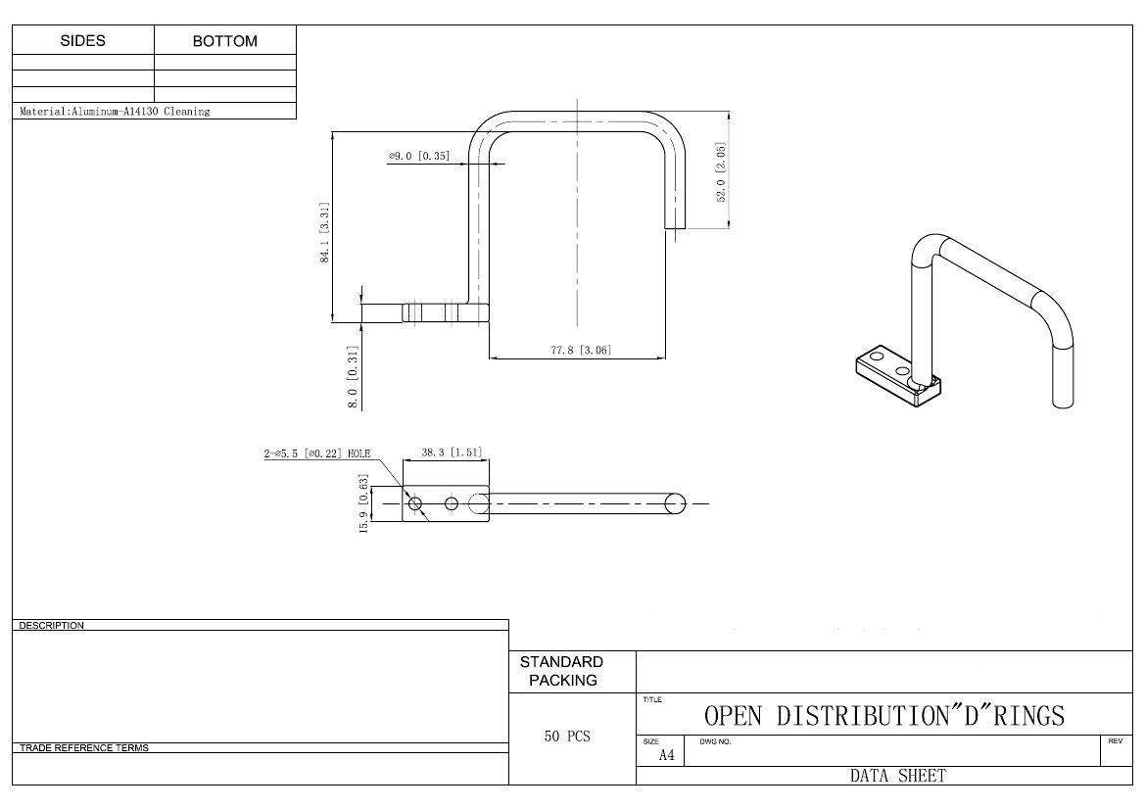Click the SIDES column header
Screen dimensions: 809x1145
tap(83, 40)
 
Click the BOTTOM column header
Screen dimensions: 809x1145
tap(224, 40)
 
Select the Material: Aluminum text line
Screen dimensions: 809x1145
tap(115, 112)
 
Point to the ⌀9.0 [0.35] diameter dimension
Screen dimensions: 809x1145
tap(418, 156)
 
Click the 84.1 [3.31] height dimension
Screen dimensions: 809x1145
tap(324, 232)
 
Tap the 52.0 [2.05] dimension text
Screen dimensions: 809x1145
tap(721, 172)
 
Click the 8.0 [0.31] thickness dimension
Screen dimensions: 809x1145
tap(353, 376)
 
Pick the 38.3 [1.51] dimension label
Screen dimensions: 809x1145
tap(451, 452)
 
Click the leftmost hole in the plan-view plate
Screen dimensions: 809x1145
tap(415, 503)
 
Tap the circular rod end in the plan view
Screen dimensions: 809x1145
tap(674, 503)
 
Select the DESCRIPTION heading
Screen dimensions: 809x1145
tap(52, 625)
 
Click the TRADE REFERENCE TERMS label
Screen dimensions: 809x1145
tap(84, 748)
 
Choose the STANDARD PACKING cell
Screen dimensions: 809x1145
tap(561, 671)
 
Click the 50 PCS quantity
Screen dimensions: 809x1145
tap(567, 737)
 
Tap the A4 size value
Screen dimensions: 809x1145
tap(666, 755)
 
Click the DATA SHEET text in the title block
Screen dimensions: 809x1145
tap(897, 776)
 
